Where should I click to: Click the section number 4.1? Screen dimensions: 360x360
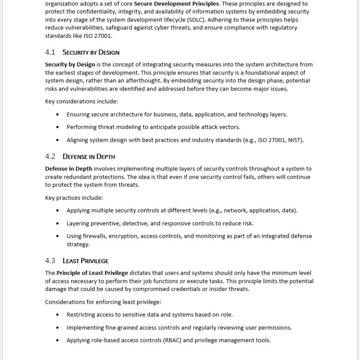pyautogui.click(x=50, y=52)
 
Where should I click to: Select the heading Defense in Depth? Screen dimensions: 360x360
pyautogui.click(x=89, y=157)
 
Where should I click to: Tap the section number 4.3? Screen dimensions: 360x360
pyautogui.click(x=50, y=261)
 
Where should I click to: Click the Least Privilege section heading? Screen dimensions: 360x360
pyautogui.click(x=85, y=261)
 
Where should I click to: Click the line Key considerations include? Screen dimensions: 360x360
pyautogui.click(x=75, y=101)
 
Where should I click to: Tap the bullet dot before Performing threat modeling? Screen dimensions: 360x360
pyautogui.click(x=57, y=127)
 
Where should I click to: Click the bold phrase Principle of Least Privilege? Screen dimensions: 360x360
pyautogui.click(x=92, y=273)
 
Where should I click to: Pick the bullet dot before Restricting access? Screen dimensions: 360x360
pyautogui.click(x=57, y=315)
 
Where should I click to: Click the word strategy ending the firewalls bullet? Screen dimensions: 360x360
pyautogui.click(x=78, y=244)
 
